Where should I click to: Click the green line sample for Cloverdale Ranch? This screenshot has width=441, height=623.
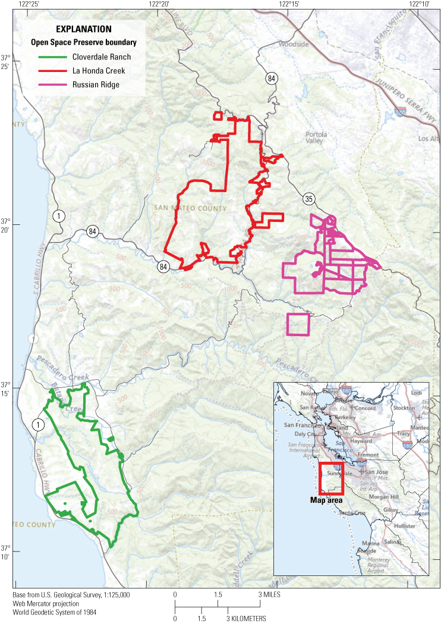click(52, 57)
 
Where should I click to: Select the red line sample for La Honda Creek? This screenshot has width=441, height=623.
click(52, 71)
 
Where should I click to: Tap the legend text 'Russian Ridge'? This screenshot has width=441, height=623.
click(96, 84)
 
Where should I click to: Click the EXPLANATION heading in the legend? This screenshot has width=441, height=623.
click(84, 29)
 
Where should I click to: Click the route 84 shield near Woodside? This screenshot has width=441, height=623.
click(272, 78)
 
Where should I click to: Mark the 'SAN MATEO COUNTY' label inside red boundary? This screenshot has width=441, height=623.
click(190, 208)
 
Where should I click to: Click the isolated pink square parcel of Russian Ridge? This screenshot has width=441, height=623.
click(298, 324)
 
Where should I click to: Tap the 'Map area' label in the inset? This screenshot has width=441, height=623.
click(326, 500)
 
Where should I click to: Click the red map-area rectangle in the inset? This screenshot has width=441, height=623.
click(331, 479)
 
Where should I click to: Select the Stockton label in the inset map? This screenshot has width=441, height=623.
click(404, 408)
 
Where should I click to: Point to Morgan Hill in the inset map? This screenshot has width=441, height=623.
click(386, 497)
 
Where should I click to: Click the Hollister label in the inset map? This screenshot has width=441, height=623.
click(404, 526)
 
